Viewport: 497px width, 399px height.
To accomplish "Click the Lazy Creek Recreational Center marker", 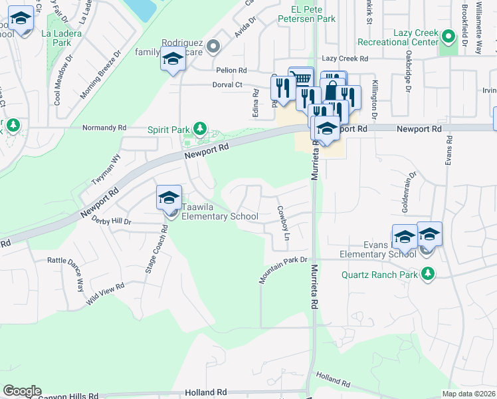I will [449, 36].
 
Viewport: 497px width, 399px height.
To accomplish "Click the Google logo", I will [22, 391].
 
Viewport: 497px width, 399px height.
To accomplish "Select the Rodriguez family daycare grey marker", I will [213, 47].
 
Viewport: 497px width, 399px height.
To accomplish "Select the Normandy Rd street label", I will [104, 127].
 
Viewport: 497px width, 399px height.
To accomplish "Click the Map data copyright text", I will [469, 394].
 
